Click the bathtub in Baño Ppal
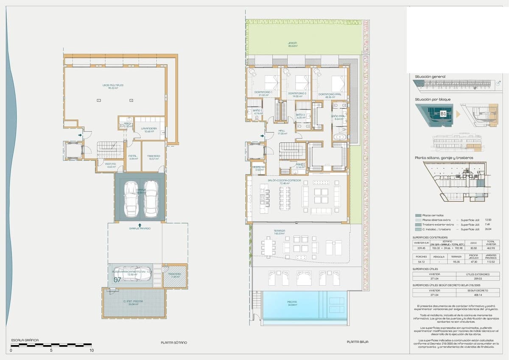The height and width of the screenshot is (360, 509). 339,137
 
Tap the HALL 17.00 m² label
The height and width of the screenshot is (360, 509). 282,132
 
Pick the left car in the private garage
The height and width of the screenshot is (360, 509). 132,198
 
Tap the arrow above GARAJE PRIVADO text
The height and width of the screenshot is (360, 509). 140,224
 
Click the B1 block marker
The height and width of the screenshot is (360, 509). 443,114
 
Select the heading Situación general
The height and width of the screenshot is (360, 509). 430,77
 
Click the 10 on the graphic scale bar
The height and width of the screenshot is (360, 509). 92,351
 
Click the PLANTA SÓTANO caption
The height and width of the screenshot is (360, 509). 174,342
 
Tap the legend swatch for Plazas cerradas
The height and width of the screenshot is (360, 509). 419,215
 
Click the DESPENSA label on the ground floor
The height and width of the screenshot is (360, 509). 258,167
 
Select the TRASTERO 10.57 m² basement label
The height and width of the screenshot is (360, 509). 154,157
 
